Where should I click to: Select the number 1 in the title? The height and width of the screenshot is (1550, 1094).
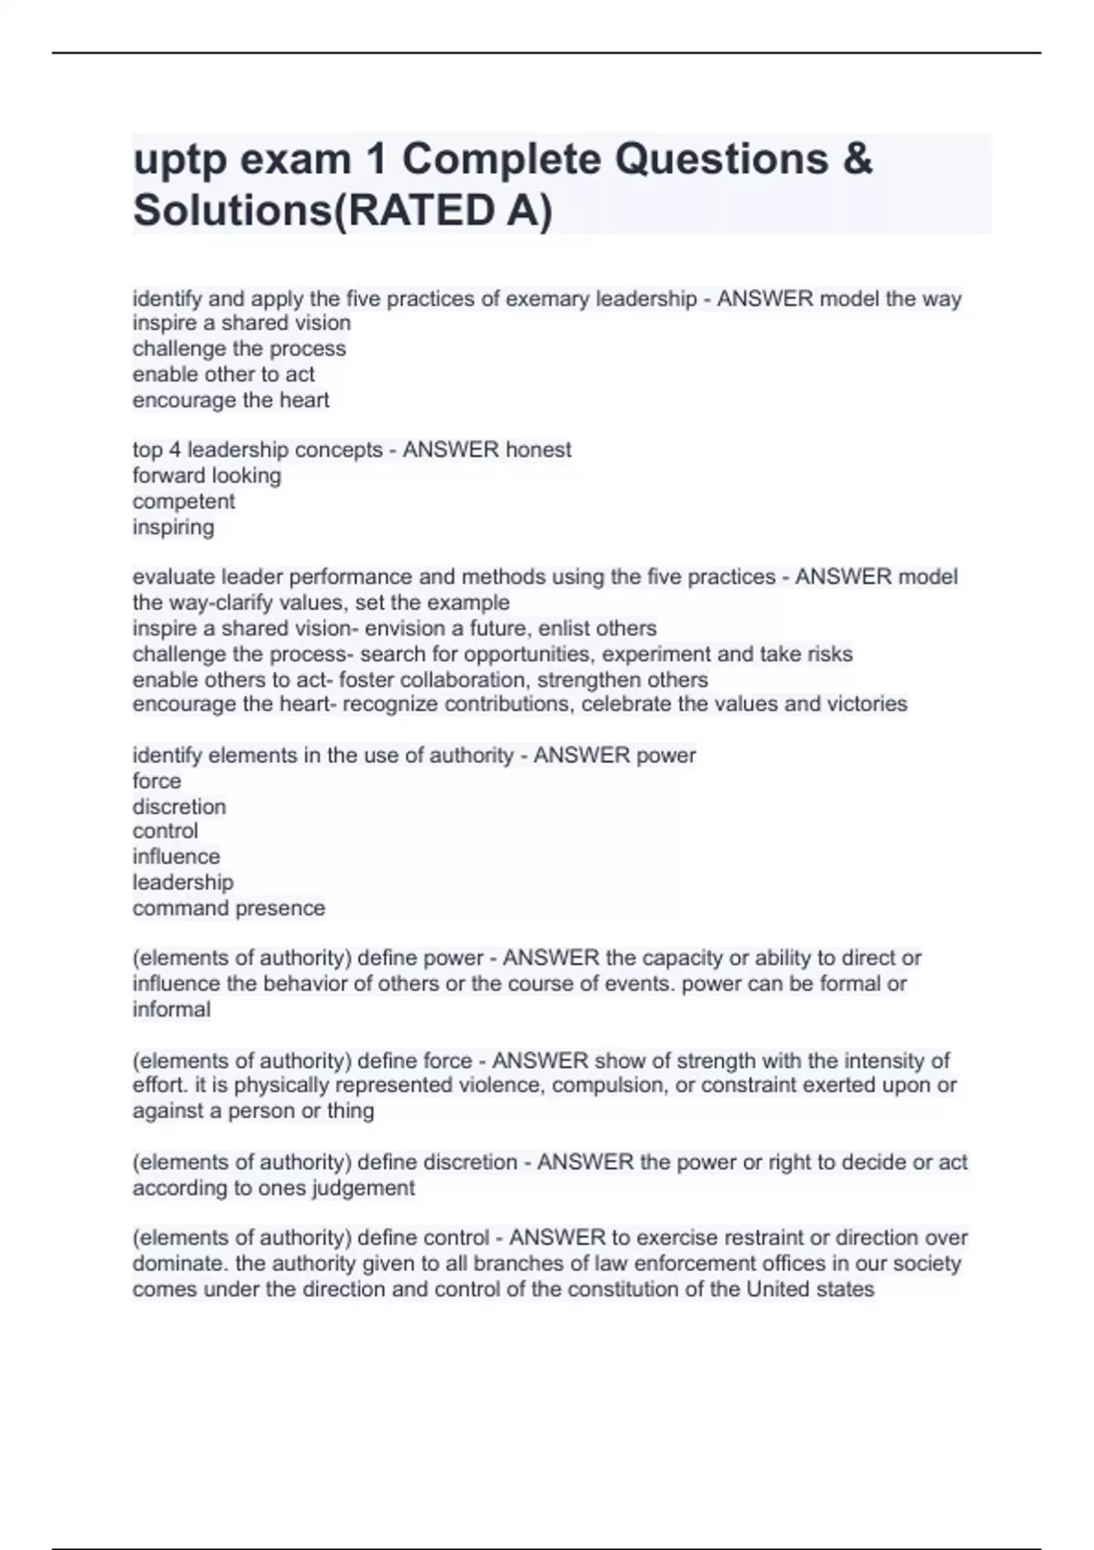pos(375,160)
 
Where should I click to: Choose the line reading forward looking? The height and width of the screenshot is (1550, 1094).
pos(207,475)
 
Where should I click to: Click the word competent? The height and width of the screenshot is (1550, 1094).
pos(184,501)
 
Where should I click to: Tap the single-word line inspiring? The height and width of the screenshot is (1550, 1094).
pos(173,527)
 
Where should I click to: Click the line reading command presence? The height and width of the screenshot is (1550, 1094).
pos(229,908)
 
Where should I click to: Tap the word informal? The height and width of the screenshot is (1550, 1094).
pos(171,1009)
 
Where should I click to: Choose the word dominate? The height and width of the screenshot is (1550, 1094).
pos(181,1264)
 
